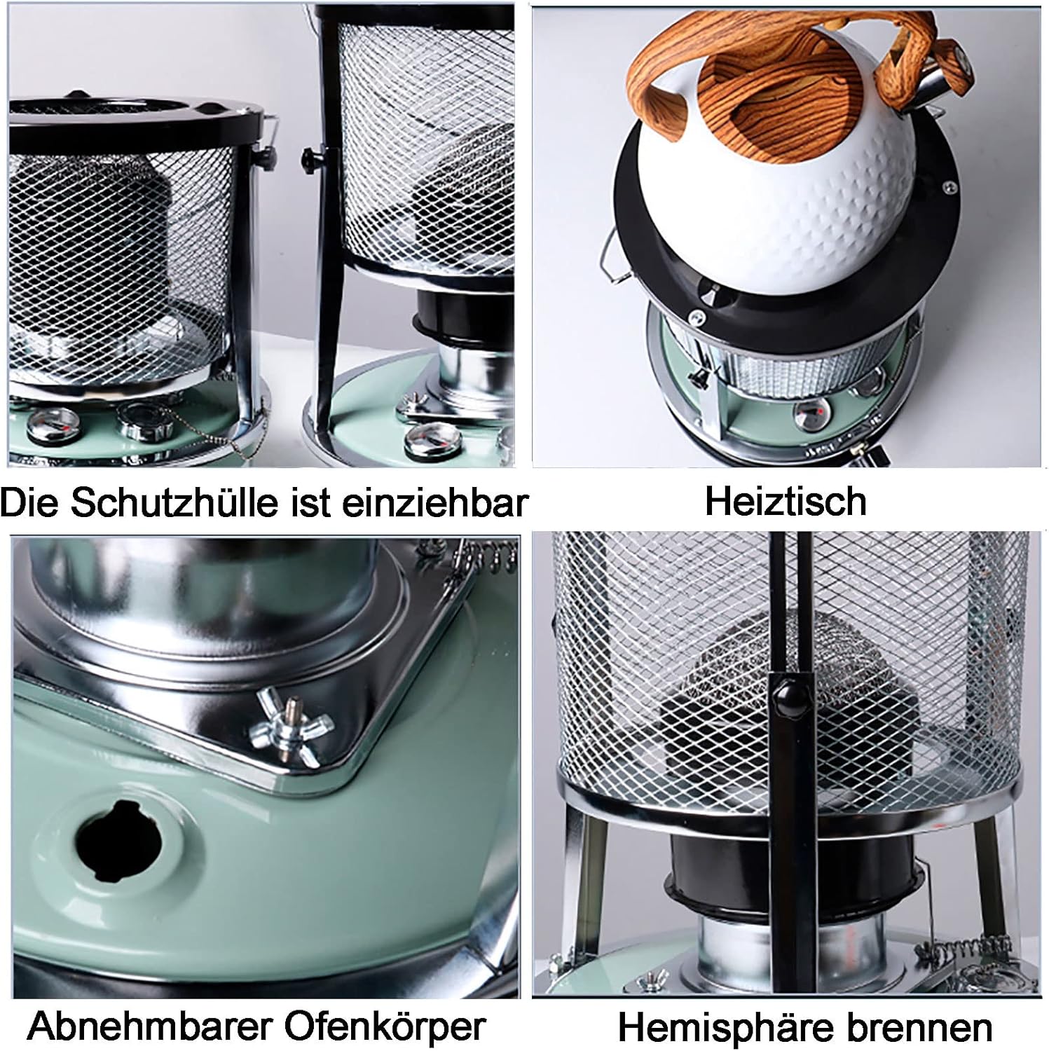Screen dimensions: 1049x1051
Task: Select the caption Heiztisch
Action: coord(786,501)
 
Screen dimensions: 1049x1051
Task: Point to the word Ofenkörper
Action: coord(385,1027)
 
